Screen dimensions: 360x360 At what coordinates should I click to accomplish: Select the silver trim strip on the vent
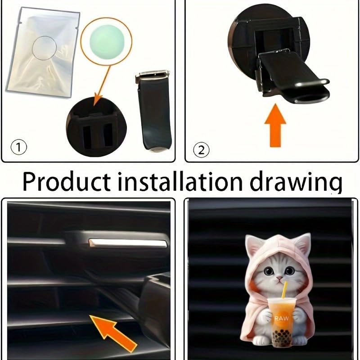[x=128, y=243]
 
